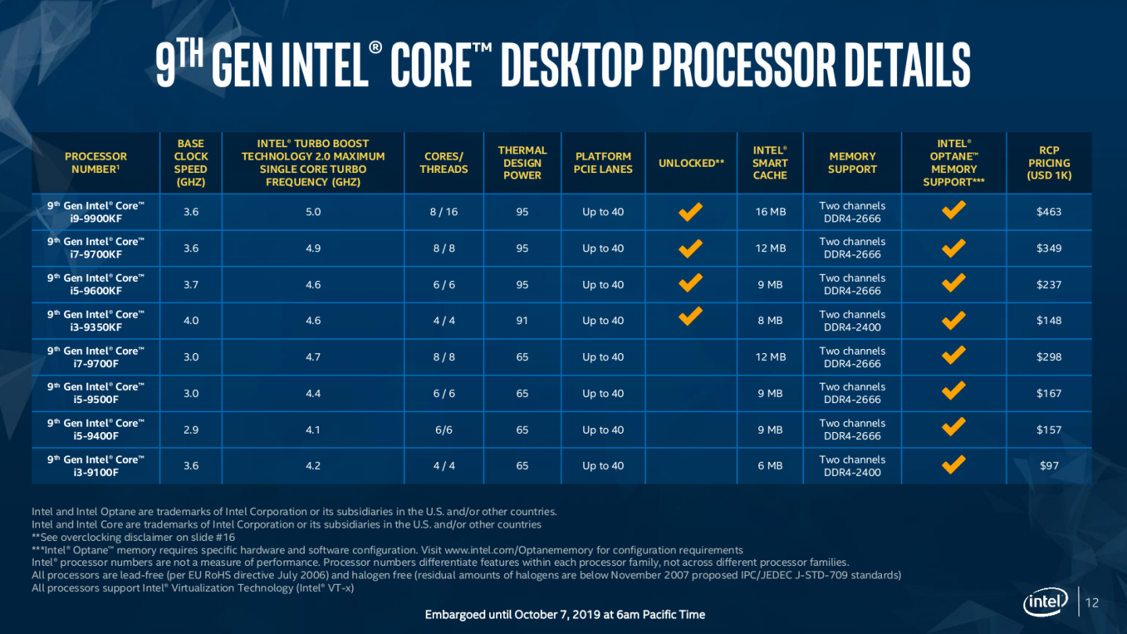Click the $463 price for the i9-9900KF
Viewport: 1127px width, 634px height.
tap(1049, 212)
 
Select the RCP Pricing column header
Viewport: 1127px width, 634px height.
tap(1049, 163)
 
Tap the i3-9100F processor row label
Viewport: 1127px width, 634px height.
tap(95, 466)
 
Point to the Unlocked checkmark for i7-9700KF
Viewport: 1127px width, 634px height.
tap(690, 248)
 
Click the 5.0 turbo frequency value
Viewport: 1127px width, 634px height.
tap(313, 212)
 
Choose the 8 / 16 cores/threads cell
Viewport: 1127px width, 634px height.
tap(444, 212)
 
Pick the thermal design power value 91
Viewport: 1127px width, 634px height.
tap(522, 321)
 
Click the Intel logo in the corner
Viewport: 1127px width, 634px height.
tap(1046, 603)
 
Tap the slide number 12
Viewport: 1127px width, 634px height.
tap(1093, 603)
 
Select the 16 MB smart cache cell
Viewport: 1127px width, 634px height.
tap(771, 212)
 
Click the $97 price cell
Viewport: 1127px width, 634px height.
tap(1049, 466)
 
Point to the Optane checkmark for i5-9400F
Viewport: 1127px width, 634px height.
tap(953, 427)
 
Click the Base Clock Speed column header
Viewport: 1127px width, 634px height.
tap(190, 163)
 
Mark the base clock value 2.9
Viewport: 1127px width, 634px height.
tap(190, 430)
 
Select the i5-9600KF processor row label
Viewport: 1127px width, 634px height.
tap(95, 284)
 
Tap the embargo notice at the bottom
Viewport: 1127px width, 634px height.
tap(564, 614)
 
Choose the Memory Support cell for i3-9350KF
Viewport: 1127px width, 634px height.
tap(852, 321)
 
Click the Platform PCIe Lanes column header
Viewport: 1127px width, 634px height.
tap(603, 163)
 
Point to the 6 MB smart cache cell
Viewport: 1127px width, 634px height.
tap(771, 466)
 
